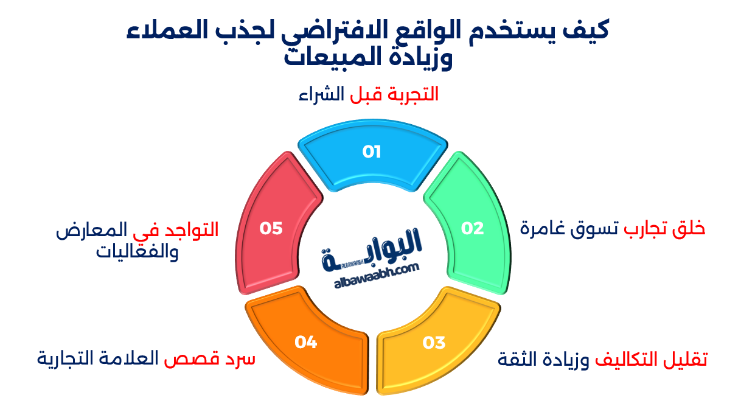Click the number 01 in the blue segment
pos(372,152)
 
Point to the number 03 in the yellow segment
pos(434,343)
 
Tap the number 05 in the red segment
pos(271,228)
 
